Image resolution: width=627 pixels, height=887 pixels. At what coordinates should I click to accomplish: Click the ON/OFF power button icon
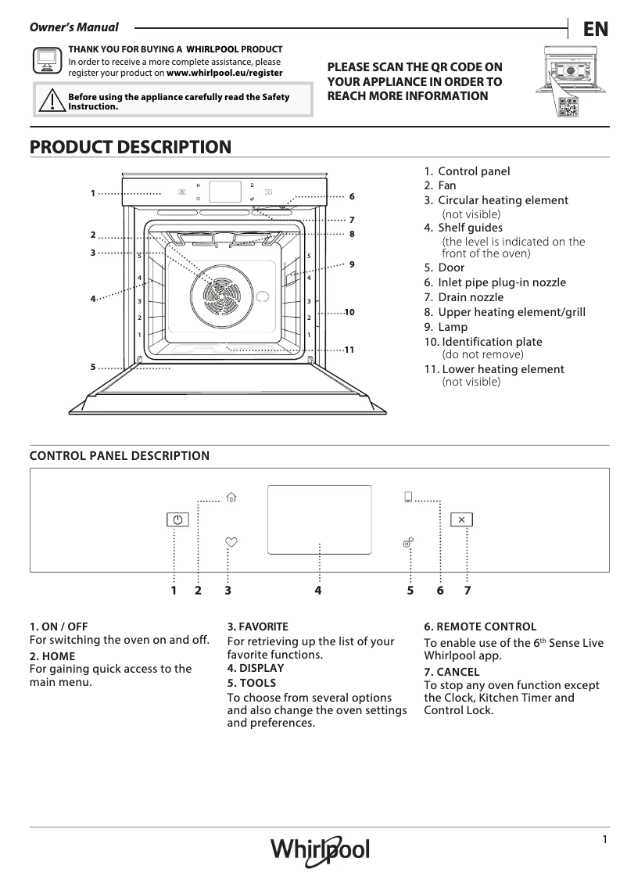coord(177,520)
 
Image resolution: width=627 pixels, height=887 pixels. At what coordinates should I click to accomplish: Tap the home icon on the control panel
coord(230,497)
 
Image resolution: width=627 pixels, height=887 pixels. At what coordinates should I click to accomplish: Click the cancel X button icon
coord(461,519)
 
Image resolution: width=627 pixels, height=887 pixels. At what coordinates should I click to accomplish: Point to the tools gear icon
coord(407,542)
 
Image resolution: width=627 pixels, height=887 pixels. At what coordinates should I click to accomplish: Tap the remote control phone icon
coord(407,497)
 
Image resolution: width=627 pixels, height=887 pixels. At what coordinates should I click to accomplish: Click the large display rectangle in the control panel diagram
coord(319,519)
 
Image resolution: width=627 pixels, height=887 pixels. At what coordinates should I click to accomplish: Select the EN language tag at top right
coord(596,30)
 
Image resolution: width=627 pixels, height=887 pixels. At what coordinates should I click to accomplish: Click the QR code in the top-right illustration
coord(568,108)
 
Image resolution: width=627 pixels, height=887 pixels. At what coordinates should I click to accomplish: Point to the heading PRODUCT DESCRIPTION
coord(130,146)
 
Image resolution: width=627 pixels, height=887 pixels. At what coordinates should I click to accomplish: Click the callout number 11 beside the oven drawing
coord(349,349)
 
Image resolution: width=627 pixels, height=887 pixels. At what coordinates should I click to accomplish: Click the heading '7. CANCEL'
coord(452,672)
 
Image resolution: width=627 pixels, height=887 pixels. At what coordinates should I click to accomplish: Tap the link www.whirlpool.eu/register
coord(224,73)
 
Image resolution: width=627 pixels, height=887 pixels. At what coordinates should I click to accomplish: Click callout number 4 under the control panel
coord(318,591)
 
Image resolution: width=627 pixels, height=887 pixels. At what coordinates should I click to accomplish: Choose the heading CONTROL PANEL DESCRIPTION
coord(120,456)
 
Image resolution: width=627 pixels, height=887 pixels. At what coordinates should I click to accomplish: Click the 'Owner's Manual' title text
coord(73,28)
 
